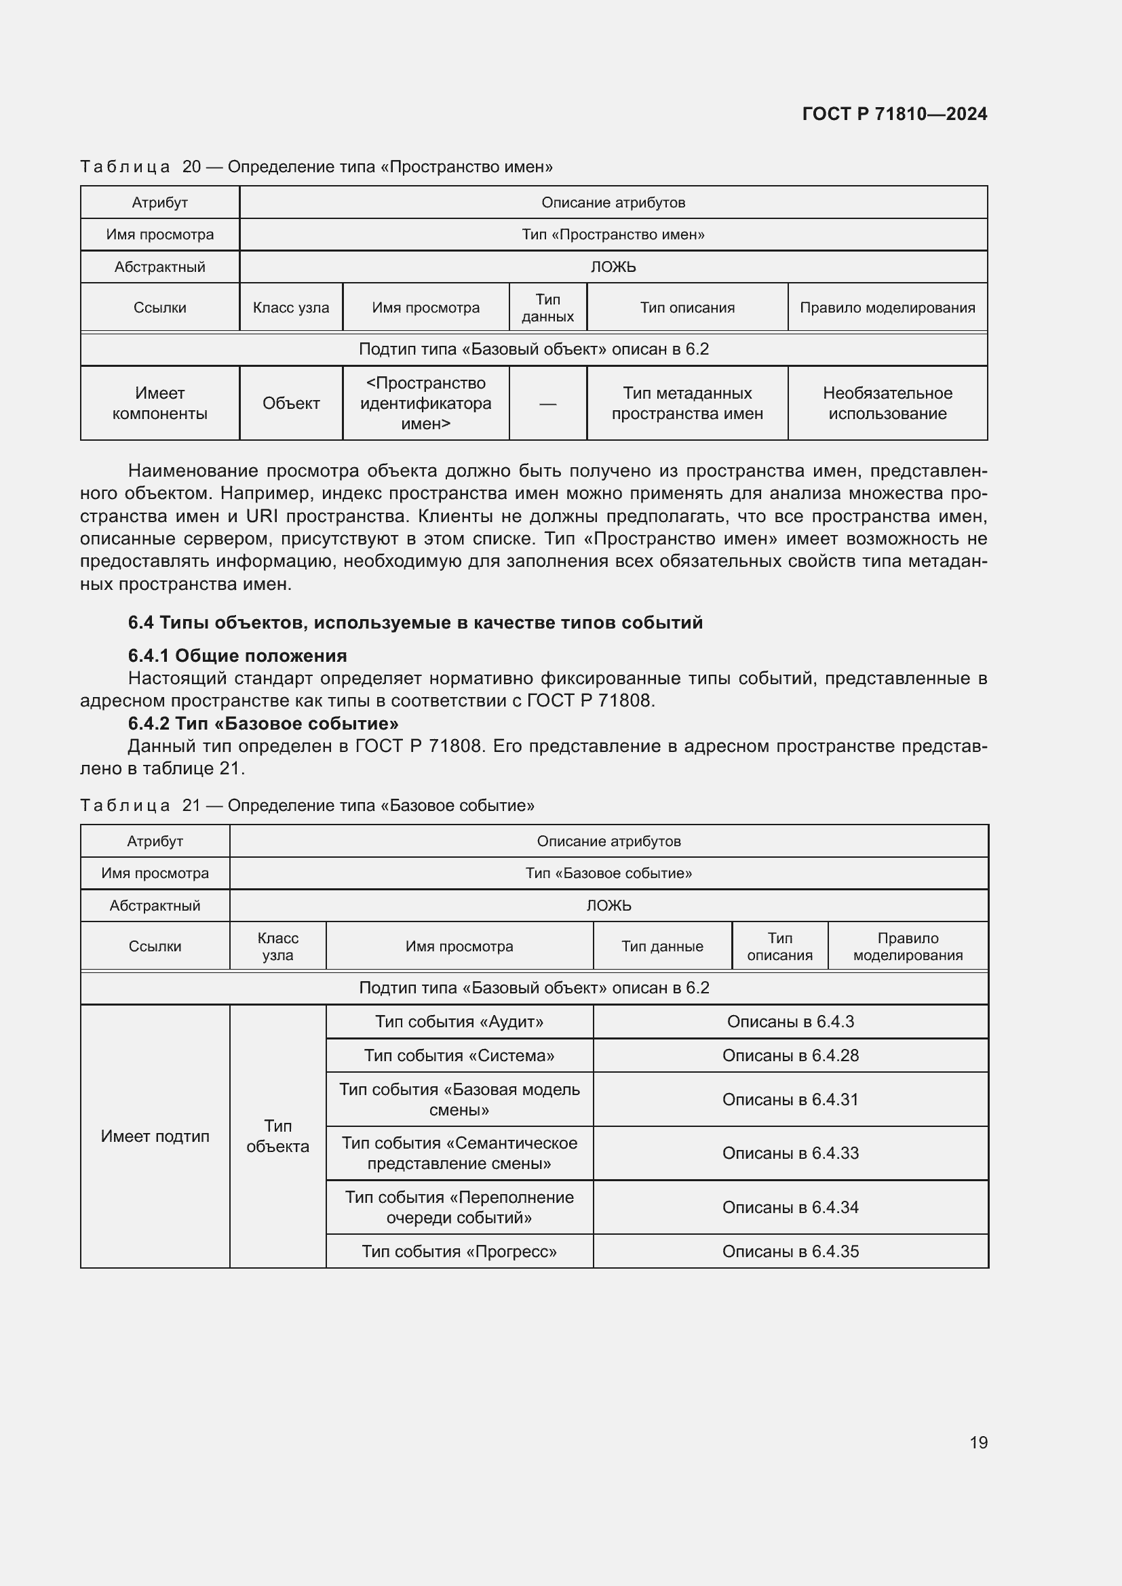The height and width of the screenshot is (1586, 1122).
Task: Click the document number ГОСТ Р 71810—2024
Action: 894,114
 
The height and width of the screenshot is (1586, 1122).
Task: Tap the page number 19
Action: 978,1442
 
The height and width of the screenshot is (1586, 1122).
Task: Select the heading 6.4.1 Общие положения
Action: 237,656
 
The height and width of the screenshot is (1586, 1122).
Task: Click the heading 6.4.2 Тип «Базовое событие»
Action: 263,723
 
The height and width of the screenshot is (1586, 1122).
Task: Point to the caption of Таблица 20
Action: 315,167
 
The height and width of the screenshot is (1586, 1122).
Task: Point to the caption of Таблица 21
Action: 307,806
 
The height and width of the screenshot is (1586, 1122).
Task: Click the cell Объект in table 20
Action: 291,403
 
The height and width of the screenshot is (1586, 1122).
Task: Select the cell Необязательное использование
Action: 887,403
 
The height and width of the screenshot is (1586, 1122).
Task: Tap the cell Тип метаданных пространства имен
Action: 686,403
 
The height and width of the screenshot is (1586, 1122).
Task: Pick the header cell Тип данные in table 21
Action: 662,947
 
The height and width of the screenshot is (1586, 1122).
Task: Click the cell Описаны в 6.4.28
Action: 790,1056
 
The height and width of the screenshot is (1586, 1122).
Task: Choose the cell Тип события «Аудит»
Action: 459,1022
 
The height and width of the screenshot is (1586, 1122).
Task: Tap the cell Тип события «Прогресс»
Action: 459,1252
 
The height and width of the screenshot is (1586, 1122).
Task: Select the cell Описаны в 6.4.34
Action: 790,1208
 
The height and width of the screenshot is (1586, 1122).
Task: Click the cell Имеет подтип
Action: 155,1136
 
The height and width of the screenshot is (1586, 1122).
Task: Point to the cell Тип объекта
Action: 277,1136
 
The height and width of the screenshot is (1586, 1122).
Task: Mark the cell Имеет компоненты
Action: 159,403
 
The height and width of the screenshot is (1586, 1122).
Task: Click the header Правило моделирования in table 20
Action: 887,307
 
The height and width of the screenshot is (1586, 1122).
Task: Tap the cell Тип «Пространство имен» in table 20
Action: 613,234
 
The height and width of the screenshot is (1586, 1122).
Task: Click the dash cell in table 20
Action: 547,403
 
